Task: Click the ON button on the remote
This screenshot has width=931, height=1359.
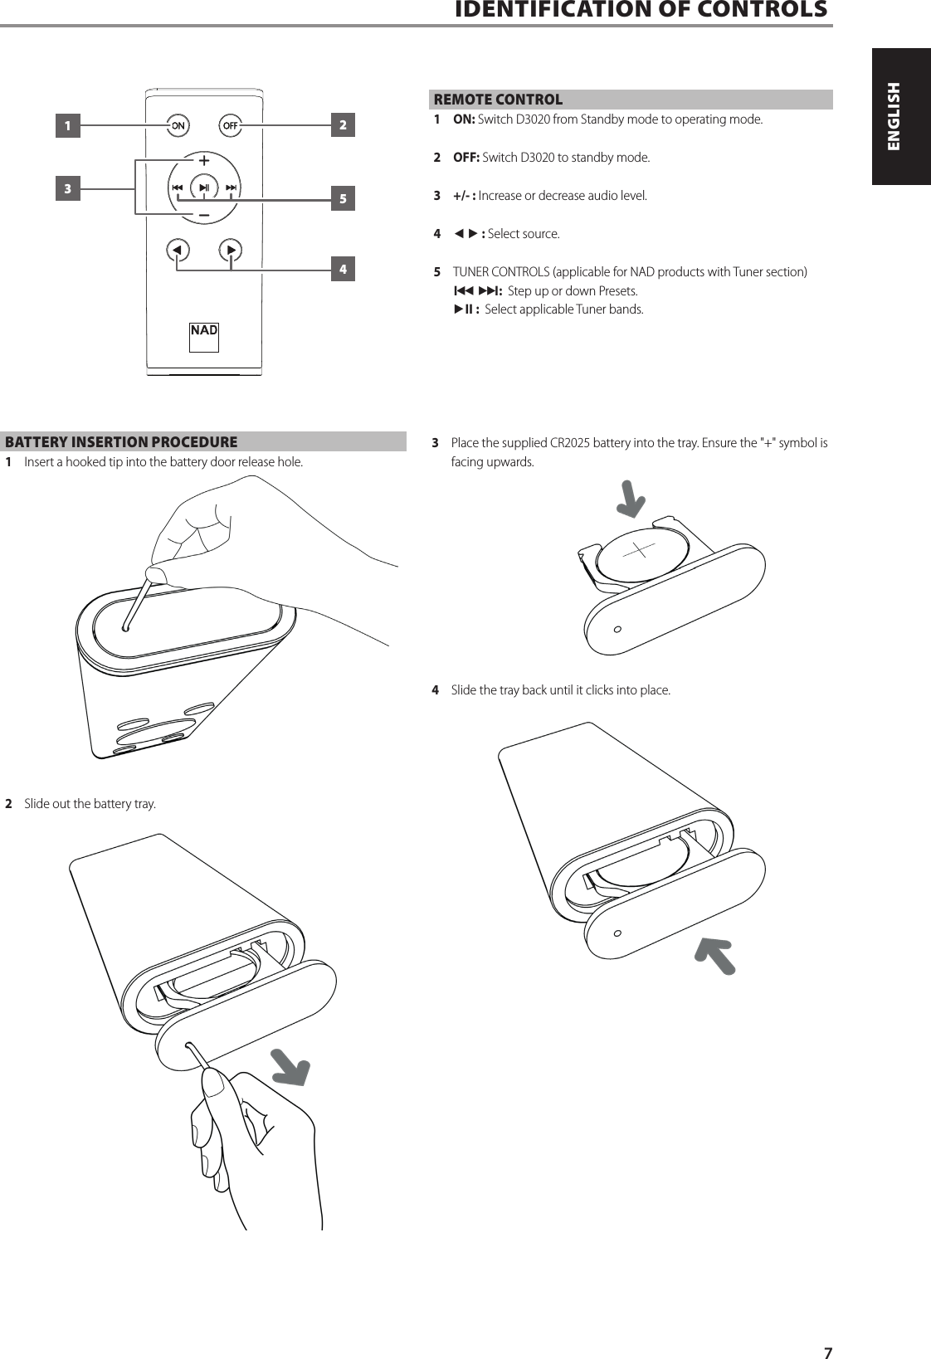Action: [178, 125]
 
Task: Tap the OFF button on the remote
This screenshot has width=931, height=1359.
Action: [230, 125]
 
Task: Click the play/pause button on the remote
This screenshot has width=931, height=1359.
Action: [203, 188]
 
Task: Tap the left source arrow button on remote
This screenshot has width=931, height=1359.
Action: [177, 249]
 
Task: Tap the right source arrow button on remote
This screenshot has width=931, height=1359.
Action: [231, 249]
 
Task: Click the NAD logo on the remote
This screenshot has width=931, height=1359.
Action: [204, 330]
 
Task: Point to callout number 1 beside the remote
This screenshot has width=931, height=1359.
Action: [68, 126]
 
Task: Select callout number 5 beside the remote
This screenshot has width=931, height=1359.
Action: [342, 199]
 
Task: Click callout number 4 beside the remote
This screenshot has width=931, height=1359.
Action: [342, 270]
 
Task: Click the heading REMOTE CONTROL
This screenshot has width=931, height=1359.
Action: [498, 100]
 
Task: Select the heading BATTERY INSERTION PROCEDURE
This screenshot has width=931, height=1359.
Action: [121, 442]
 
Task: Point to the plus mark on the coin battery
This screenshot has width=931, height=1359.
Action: [637, 548]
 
